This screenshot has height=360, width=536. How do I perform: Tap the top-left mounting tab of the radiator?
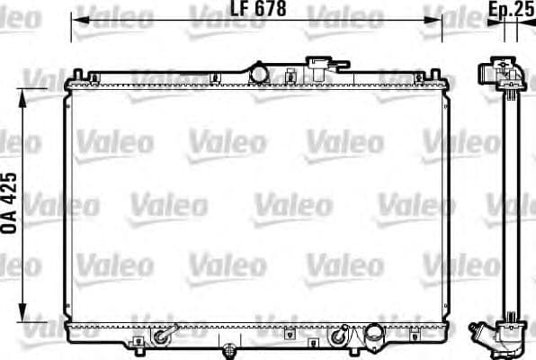click(80, 76)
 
